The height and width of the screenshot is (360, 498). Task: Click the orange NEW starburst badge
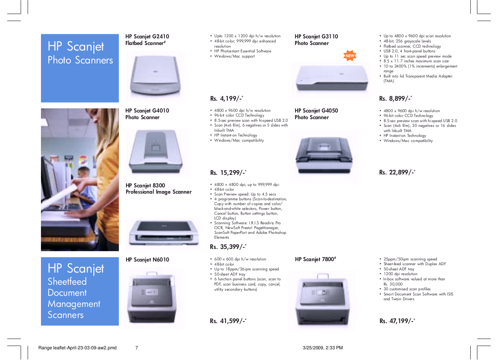pos(350,56)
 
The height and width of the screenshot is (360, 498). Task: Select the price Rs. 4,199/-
pos(226,98)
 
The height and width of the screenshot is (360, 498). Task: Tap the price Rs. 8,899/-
pos(395,98)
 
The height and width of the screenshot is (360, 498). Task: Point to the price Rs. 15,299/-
pos(228,173)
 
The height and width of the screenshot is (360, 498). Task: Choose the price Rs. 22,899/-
pos(397,172)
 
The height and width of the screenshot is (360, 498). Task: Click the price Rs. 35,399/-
pos(228,247)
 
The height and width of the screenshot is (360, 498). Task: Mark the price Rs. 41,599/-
pos(228,321)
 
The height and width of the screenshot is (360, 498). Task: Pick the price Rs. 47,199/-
pos(397,321)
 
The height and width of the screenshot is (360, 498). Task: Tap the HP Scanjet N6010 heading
pos(147,260)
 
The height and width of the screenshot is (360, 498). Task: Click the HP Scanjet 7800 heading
pos(315,259)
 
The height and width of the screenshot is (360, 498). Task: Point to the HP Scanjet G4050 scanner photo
pos(324,156)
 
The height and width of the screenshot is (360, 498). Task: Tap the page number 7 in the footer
pos(136,348)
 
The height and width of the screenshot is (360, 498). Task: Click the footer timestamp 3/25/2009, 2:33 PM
pos(323,348)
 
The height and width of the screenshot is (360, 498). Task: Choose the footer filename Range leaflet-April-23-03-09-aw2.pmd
pos(77,348)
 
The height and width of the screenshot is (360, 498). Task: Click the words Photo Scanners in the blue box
pos(80,60)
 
